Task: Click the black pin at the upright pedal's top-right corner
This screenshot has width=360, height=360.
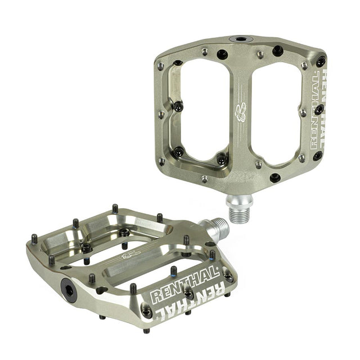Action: [x=321, y=61]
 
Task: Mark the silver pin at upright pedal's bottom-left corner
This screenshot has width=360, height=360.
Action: [x=162, y=161]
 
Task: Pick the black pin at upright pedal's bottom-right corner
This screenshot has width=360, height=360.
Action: [x=317, y=156]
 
